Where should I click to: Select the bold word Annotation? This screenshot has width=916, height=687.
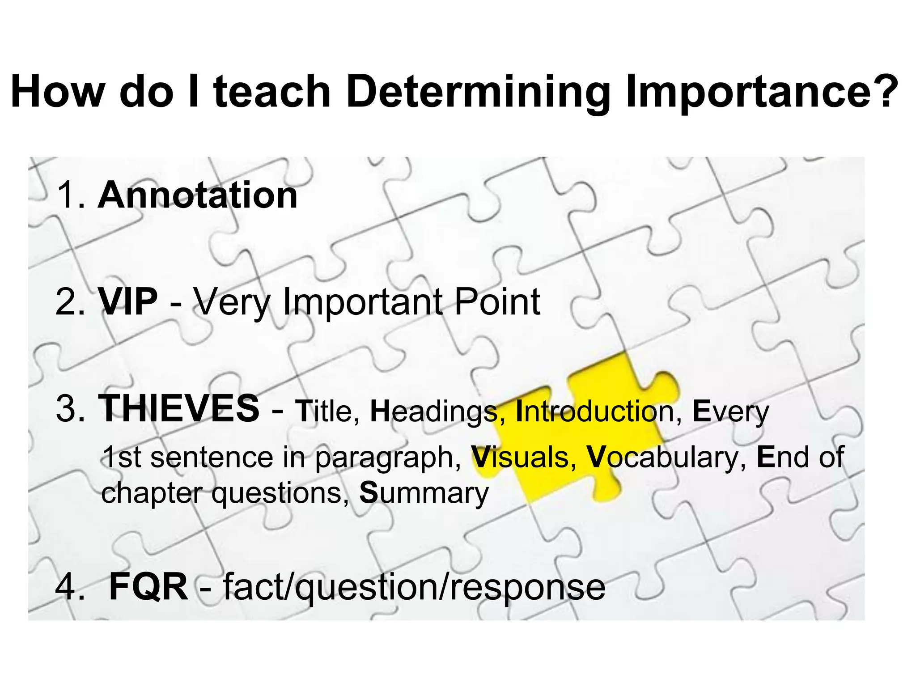pyautogui.click(x=198, y=195)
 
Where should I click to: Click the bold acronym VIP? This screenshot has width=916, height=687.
pyautogui.click(x=128, y=302)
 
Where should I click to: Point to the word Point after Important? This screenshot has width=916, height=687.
pyautogui.click(x=497, y=302)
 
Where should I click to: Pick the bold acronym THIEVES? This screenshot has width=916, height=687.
pyautogui.click(x=178, y=408)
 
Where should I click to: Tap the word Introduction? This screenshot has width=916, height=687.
pyautogui.click(x=594, y=411)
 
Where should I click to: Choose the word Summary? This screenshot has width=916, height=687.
pyautogui.click(x=424, y=493)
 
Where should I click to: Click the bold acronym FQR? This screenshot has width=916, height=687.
pyautogui.click(x=148, y=587)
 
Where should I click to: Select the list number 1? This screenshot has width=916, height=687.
pyautogui.click(x=70, y=195)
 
